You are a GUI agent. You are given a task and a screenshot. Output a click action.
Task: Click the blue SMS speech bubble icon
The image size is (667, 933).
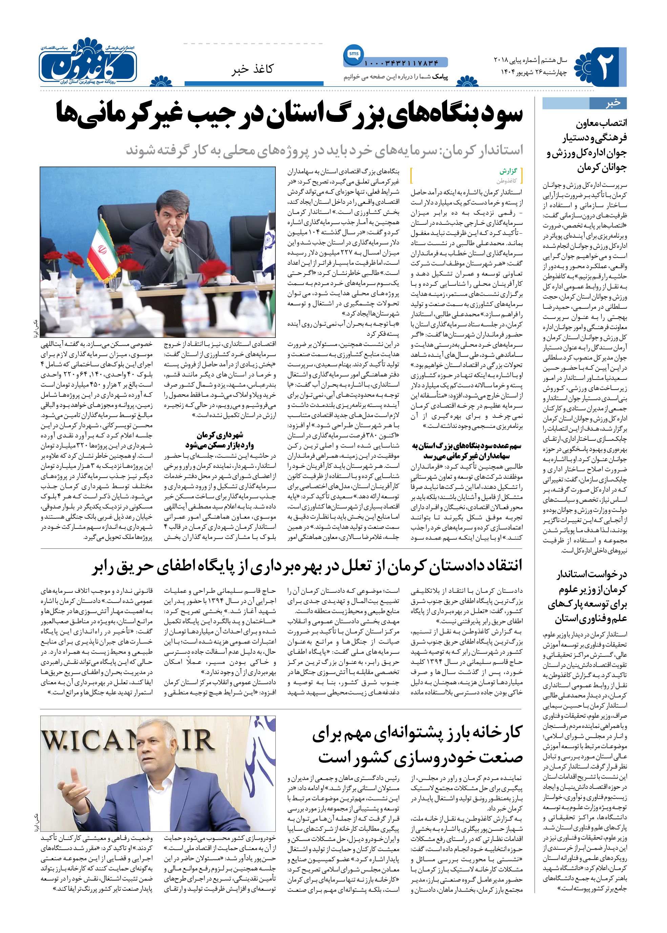[x=353, y=54]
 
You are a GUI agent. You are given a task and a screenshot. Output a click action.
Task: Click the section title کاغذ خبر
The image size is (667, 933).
[x=252, y=69]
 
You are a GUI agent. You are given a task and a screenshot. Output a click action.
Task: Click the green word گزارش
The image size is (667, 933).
[x=508, y=171]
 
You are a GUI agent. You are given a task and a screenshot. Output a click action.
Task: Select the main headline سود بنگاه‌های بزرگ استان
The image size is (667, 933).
[x=289, y=114]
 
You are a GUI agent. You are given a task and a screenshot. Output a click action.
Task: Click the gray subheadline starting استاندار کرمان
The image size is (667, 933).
[x=325, y=150]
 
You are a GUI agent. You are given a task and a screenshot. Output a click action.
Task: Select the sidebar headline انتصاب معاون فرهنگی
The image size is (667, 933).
[x=586, y=145]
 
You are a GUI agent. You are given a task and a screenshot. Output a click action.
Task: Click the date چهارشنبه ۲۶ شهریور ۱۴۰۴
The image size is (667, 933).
[x=534, y=72]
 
